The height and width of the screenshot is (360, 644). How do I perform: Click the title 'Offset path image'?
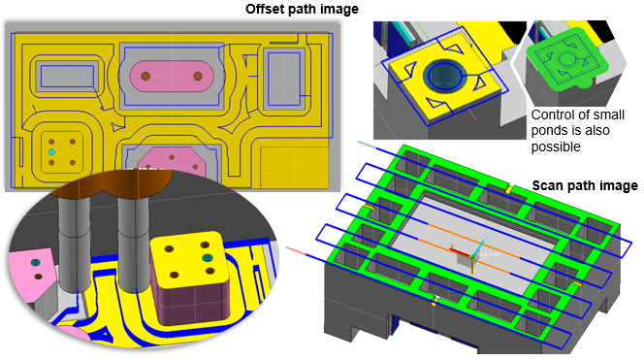(x=302, y=9)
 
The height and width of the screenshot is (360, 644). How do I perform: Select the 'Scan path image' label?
(x=585, y=185)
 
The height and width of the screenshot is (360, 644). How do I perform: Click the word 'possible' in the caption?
(x=556, y=147)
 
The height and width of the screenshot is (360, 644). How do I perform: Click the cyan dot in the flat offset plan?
(x=51, y=152)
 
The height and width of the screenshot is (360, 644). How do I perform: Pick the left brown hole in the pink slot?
(x=145, y=76)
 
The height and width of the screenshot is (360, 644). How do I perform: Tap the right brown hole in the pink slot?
(x=198, y=76)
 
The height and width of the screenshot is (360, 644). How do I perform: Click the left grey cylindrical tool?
(x=74, y=243)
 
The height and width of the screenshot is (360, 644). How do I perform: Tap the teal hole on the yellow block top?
(x=208, y=258)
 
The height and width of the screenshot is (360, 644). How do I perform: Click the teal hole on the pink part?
(x=35, y=262)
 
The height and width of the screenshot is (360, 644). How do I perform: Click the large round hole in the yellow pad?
(x=445, y=76)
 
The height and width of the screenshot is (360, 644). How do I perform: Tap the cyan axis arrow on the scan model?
(x=479, y=246)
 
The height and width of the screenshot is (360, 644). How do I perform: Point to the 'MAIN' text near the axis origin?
(x=488, y=255)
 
